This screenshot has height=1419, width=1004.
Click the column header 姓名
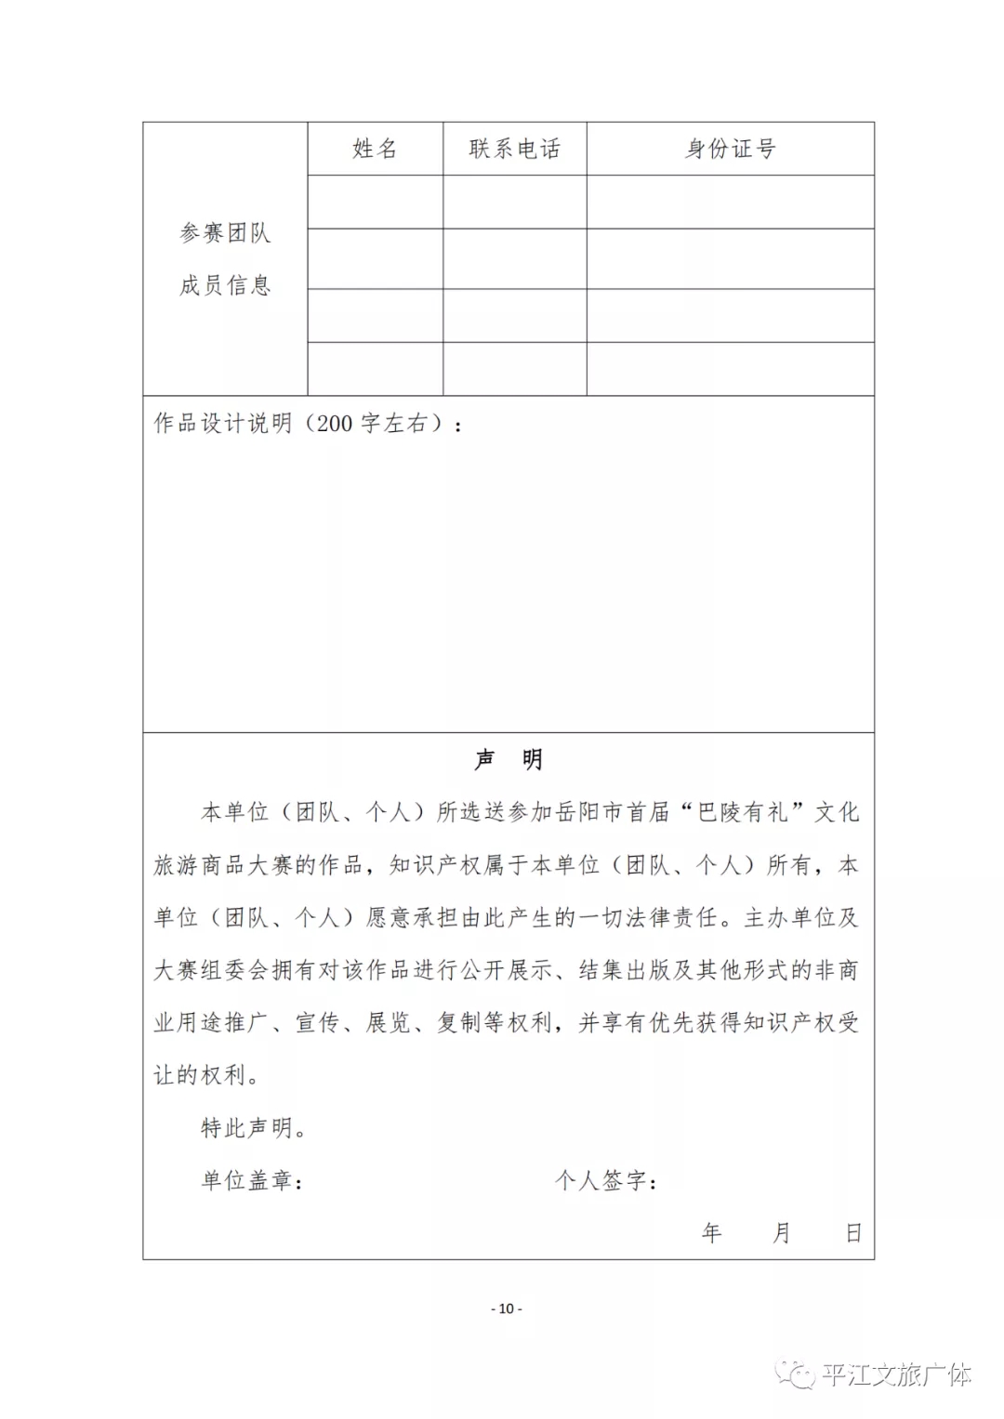point(375,149)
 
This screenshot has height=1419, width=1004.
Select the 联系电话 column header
point(514,149)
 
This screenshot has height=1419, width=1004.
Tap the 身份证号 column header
point(730,149)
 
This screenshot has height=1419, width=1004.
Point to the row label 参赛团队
point(225,232)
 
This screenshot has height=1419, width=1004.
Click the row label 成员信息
point(225,285)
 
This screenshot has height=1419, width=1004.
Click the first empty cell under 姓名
point(375,202)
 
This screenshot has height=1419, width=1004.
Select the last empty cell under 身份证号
point(730,369)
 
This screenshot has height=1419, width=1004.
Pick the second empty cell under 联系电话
point(514,258)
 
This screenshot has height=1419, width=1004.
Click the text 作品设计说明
point(223,424)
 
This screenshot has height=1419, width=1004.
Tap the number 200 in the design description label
point(335,424)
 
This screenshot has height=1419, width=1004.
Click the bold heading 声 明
point(508,760)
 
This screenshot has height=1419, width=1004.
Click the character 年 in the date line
point(712,1233)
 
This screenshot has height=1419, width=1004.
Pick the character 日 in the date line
point(853,1233)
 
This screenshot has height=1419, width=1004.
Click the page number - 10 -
point(507,1308)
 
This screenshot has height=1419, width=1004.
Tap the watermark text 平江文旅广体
point(896,1374)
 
